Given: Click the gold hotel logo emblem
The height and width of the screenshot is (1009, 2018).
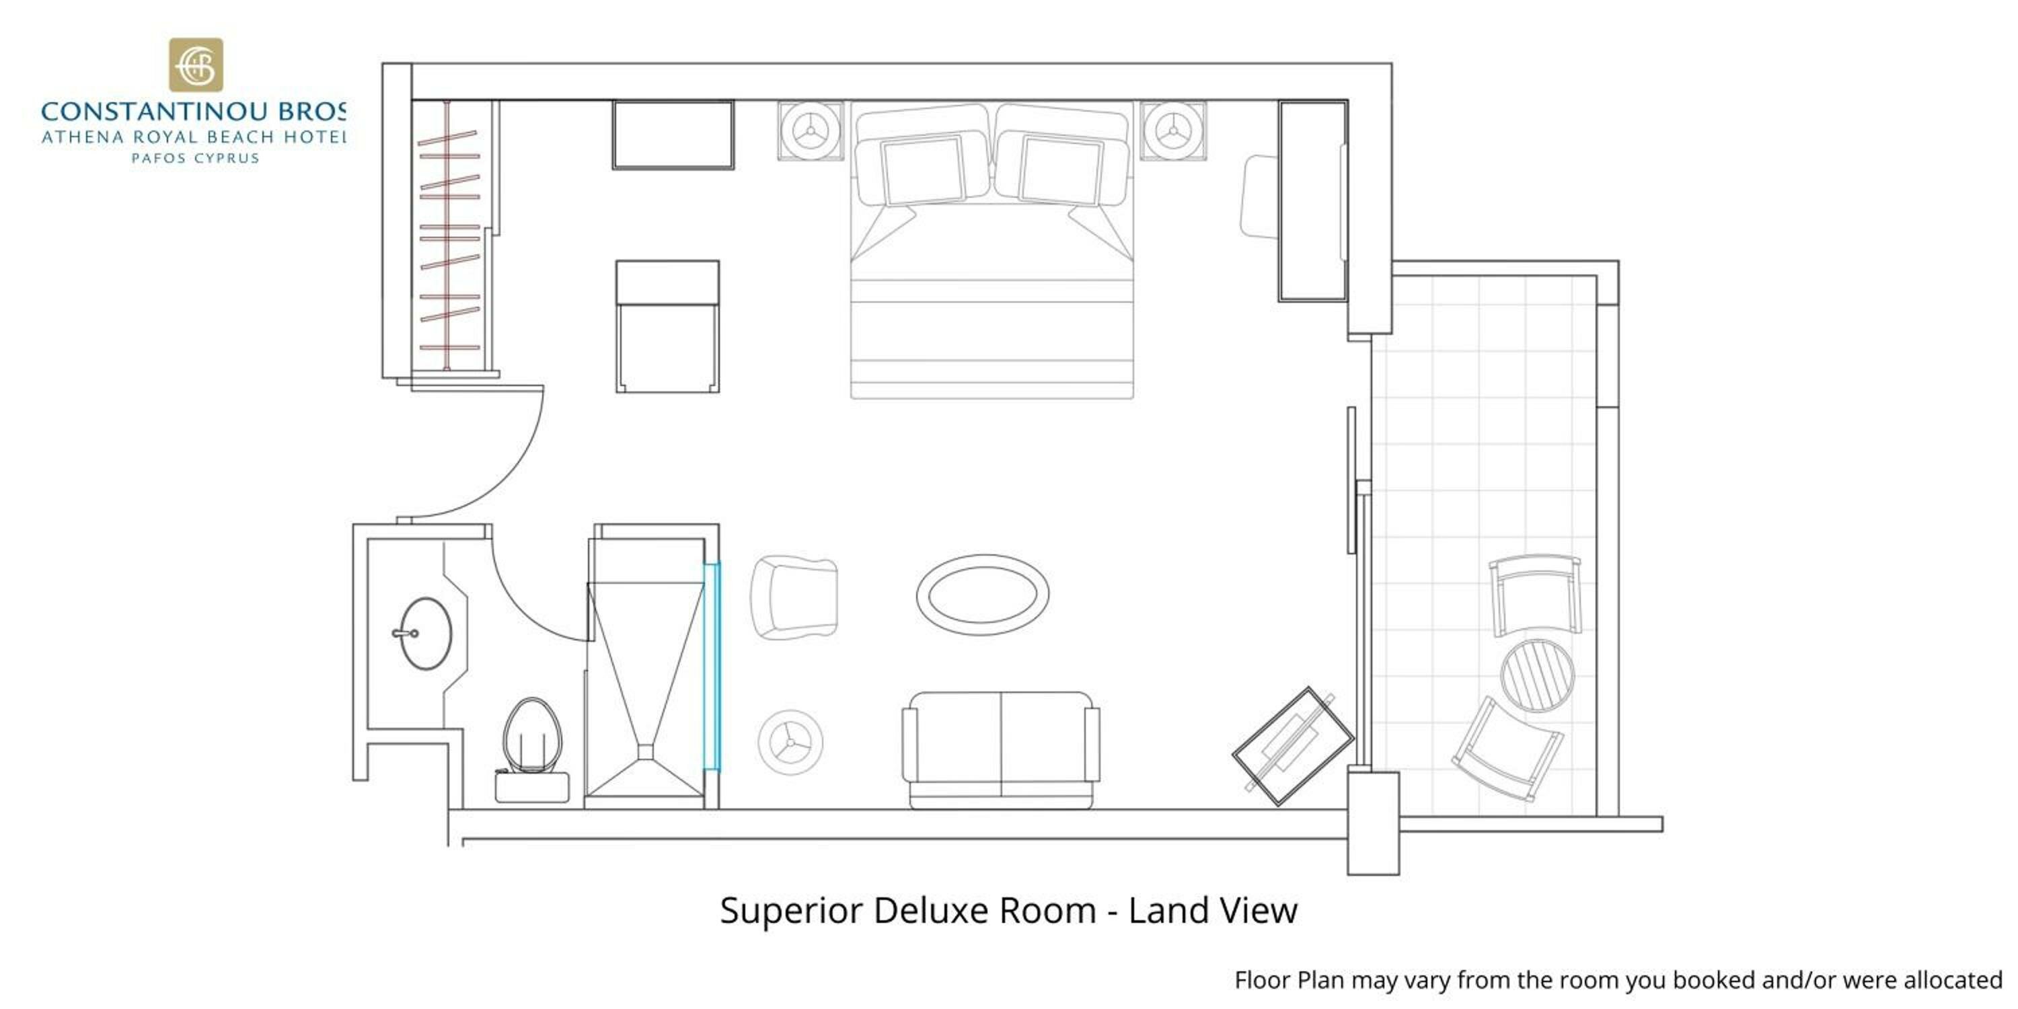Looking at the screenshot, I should point(196,65).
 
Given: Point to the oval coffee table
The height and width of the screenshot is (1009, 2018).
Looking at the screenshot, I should point(982,595).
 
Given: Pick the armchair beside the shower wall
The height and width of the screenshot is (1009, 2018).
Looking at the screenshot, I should point(794,598).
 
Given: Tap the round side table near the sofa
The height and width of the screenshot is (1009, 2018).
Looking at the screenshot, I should point(790,742).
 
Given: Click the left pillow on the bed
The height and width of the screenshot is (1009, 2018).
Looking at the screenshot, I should point(922,170).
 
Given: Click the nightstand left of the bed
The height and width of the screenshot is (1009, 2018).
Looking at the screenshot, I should point(811,130).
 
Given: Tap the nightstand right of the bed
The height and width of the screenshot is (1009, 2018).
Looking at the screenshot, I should point(1172,130).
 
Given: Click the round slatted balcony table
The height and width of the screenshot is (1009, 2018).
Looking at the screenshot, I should point(1537,675).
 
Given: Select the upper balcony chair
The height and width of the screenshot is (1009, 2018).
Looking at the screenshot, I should point(1534,595).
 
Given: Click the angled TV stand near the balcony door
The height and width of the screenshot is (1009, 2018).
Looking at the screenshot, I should point(1293,746).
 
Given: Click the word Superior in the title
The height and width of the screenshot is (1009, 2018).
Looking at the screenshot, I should point(791,911).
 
